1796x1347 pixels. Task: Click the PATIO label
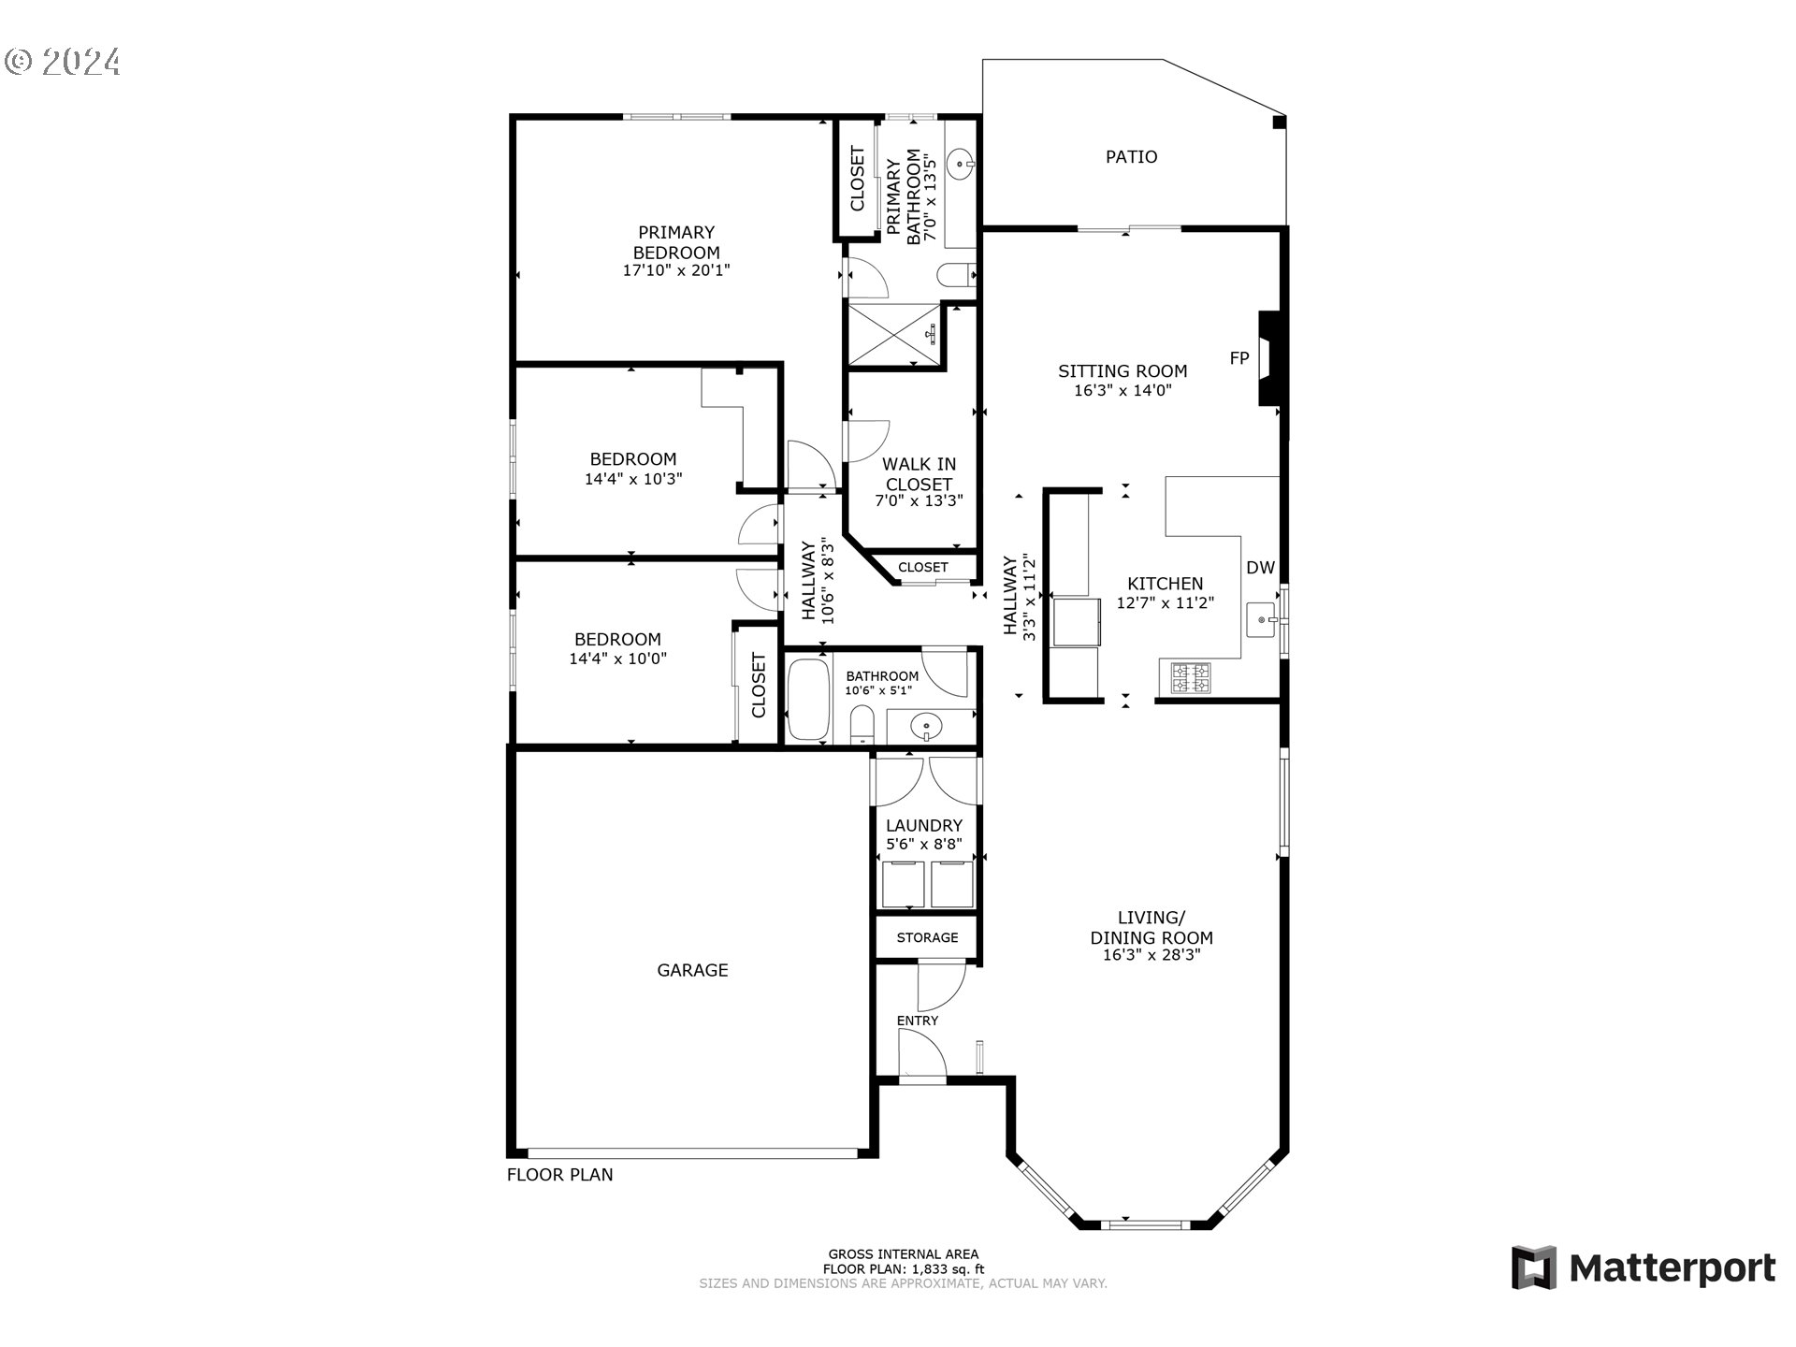click(x=1131, y=157)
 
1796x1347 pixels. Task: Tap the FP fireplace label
click(x=1238, y=358)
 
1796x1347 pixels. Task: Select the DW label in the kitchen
click(x=1260, y=568)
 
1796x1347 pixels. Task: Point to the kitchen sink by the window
click(x=1262, y=619)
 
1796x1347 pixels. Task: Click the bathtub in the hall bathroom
click(x=808, y=701)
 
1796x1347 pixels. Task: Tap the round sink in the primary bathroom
click(x=961, y=167)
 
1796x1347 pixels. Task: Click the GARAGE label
click(x=692, y=971)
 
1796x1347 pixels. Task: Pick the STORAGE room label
click(x=927, y=937)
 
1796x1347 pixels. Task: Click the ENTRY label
click(x=917, y=1021)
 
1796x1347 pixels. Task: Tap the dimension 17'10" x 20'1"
click(x=675, y=270)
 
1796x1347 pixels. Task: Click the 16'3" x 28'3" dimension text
click(x=1151, y=955)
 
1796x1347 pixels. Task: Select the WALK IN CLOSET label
click(x=919, y=473)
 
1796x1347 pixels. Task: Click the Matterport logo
click(x=1643, y=1268)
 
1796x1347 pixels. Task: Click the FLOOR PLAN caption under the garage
click(x=559, y=1175)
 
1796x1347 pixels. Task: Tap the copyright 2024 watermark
click(x=63, y=62)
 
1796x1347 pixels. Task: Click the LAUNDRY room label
click(x=923, y=825)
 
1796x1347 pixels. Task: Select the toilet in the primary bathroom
click(x=955, y=275)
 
